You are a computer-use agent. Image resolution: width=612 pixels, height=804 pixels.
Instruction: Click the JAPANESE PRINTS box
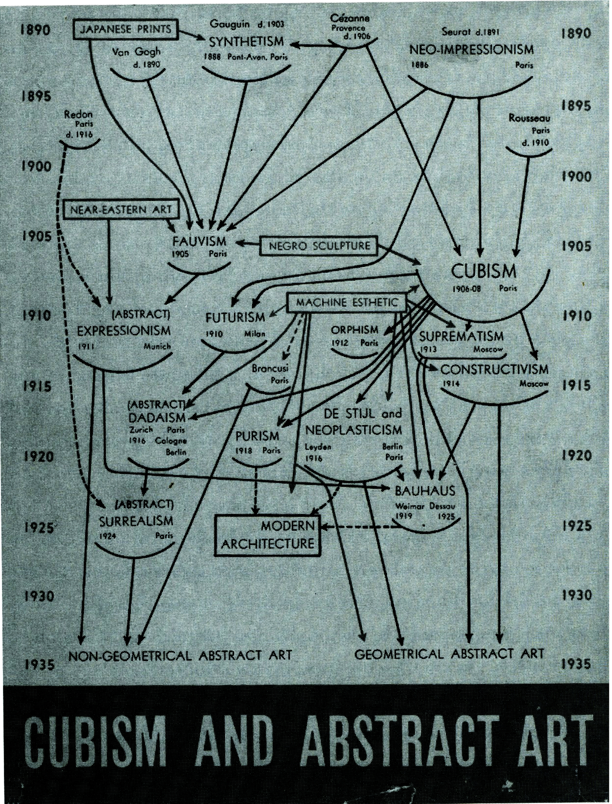click(126, 29)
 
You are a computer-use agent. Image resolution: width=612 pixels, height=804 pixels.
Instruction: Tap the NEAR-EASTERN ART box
click(121, 209)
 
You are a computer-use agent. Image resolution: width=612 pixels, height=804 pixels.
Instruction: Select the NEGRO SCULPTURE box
click(319, 246)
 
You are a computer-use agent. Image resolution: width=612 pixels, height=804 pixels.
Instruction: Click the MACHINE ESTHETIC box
click(347, 303)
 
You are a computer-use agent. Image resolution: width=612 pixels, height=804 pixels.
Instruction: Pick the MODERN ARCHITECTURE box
click(268, 535)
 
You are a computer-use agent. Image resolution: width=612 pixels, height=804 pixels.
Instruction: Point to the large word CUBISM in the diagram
click(483, 272)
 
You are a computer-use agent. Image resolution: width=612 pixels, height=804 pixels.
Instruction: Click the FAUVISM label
click(199, 242)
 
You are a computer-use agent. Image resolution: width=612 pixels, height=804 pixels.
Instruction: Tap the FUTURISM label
click(235, 318)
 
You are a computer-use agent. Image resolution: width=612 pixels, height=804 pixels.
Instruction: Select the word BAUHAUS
click(425, 491)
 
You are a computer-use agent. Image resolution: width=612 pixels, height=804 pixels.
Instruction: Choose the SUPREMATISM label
click(461, 336)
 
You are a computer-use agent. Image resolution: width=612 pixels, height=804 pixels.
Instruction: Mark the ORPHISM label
click(355, 330)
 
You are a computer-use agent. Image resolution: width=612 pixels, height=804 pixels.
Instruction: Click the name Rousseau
click(529, 119)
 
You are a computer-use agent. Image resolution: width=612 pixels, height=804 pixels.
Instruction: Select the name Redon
click(79, 115)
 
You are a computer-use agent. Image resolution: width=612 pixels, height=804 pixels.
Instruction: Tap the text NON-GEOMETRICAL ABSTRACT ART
click(179, 655)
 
